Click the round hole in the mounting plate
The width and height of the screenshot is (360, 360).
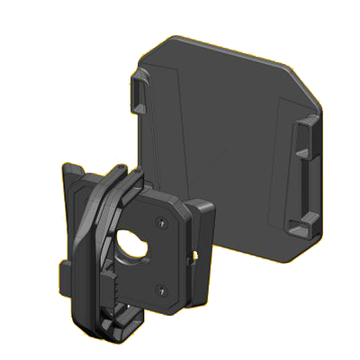135,245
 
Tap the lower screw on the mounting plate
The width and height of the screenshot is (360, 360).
159,289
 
